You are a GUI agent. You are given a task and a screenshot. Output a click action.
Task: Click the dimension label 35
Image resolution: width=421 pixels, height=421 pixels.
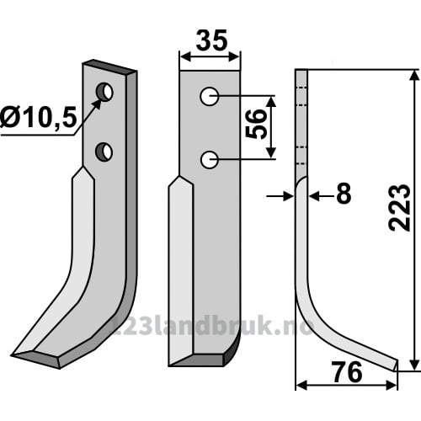tap(211, 40)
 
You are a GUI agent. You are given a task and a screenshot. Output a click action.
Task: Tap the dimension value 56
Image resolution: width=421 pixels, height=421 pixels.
tap(255, 124)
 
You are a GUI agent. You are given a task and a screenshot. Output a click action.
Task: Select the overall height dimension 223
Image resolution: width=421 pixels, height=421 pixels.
tap(400, 208)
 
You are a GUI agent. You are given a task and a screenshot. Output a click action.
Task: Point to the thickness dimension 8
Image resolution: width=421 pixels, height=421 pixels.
tap(344, 194)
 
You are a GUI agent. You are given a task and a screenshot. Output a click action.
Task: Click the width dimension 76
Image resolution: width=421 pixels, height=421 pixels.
tap(347, 372)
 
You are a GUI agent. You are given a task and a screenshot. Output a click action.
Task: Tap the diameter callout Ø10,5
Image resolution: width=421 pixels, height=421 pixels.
tap(39, 118)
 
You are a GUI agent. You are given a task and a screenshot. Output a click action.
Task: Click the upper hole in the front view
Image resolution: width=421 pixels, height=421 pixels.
tap(209, 97)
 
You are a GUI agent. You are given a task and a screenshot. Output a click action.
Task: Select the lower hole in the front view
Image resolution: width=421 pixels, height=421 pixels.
tap(210, 160)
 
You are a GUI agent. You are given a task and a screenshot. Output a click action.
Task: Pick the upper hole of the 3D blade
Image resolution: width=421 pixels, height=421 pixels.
tap(104, 92)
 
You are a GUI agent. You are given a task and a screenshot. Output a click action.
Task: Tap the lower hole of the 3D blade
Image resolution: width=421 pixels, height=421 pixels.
tap(104, 152)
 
